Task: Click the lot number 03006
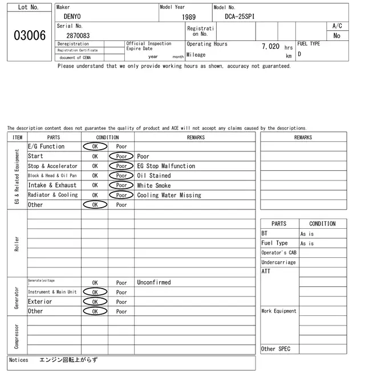29,36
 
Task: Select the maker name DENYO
72,17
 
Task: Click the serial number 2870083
78,35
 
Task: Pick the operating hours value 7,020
270,47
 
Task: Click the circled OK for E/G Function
95,146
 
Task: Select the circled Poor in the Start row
121,156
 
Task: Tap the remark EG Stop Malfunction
166,166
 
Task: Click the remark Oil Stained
154,176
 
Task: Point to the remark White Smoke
154,186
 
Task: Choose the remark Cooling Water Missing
169,195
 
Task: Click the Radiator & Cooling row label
52,195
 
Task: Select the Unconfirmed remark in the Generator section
154,282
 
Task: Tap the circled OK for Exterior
95,302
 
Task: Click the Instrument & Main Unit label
52,292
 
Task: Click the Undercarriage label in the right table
278,262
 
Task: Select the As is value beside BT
307,234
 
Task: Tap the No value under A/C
336,36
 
